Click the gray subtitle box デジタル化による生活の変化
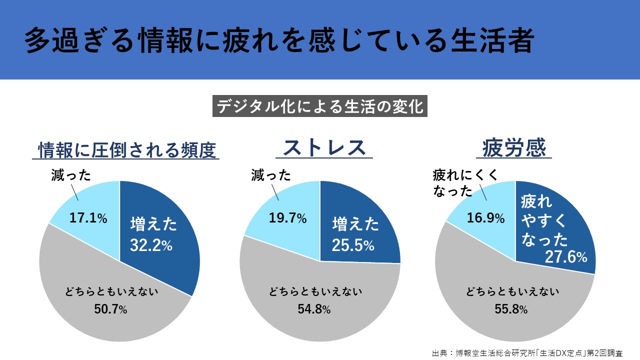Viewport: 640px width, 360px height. pos(319,106)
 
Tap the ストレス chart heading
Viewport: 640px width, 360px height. pos(324,148)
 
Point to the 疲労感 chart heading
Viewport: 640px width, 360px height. pos(513,148)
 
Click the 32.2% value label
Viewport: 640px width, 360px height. pos(151,245)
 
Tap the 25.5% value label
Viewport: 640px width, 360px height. pos(353,245)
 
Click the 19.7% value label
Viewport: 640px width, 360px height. pos(287,218)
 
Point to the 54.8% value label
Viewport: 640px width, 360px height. pos(313,309)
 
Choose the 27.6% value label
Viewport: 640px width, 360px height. pos(566,257)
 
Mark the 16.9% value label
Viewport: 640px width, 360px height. pos(486,218)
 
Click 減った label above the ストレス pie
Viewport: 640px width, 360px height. pos(270,175)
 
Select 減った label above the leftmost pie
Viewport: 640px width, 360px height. pos(70,175)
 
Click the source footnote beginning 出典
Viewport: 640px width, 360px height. pos(527,352)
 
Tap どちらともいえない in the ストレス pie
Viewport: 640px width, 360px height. pos(313,291)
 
